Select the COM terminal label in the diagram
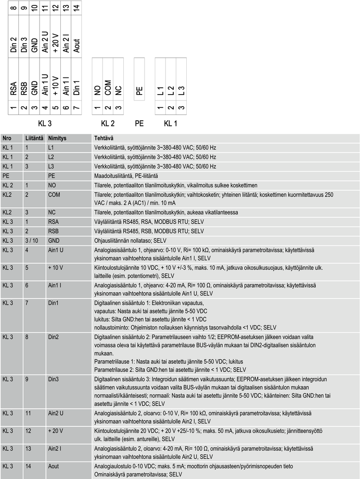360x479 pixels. pos(108,87)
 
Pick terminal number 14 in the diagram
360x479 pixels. pos(76,8)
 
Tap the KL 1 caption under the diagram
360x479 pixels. pos(170,123)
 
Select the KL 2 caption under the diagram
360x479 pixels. pos(108,123)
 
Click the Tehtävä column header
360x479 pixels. pos(103,138)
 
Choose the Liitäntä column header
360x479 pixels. pos(34,138)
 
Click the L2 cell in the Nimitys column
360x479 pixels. pos(51,157)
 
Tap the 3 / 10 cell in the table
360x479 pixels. pos(32,240)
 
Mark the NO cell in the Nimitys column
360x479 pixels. pos(52,185)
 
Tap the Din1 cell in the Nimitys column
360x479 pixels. pos(54,302)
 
